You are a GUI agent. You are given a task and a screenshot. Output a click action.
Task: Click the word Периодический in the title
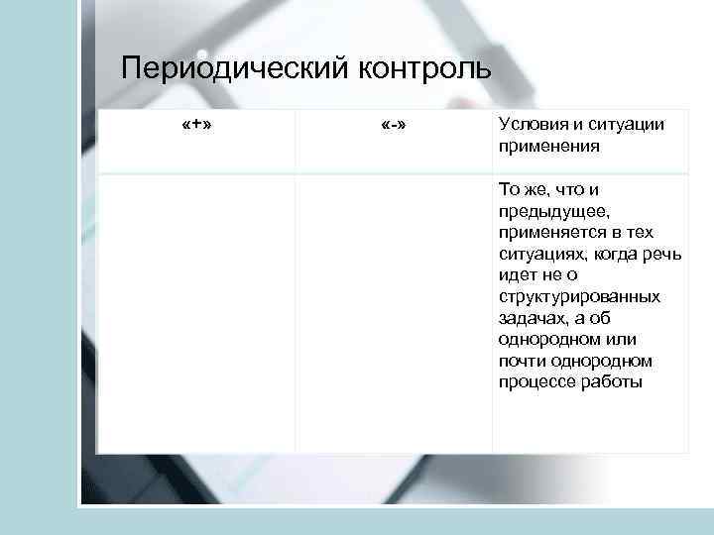231,70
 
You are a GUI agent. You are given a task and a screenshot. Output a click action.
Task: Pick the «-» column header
395,127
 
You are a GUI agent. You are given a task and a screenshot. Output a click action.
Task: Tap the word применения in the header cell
549,146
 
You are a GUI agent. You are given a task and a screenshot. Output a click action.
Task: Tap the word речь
664,254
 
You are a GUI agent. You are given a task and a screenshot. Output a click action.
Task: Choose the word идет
518,274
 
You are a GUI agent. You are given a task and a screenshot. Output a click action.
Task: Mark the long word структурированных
580,296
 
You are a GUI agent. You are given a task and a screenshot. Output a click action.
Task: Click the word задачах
532,318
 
